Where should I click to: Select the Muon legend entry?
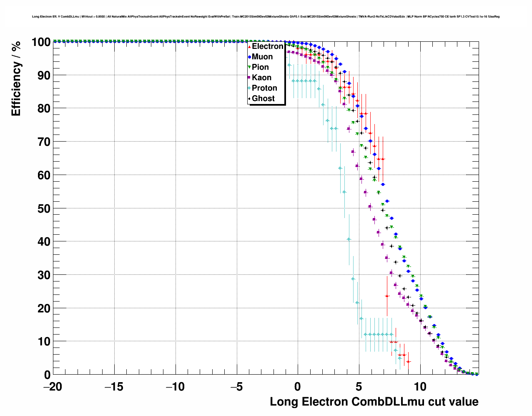click(x=262, y=57)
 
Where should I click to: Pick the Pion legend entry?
click(x=260, y=67)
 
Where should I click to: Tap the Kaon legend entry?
click(x=261, y=78)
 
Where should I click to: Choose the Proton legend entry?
click(x=264, y=88)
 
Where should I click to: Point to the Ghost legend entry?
click(x=263, y=99)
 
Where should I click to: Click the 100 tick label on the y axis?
click(x=41, y=42)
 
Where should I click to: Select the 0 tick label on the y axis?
click(x=47, y=375)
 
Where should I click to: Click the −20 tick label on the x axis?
click(x=53, y=387)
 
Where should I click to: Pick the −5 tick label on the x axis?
click(x=236, y=387)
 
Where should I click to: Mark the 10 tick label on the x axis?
click(x=421, y=387)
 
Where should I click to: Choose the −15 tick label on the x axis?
click(x=114, y=387)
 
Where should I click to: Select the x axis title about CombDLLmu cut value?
click(x=374, y=402)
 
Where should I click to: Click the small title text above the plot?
click(x=266, y=17)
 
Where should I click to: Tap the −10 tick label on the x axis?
click(x=175, y=387)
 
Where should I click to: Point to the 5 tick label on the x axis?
click(x=359, y=387)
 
